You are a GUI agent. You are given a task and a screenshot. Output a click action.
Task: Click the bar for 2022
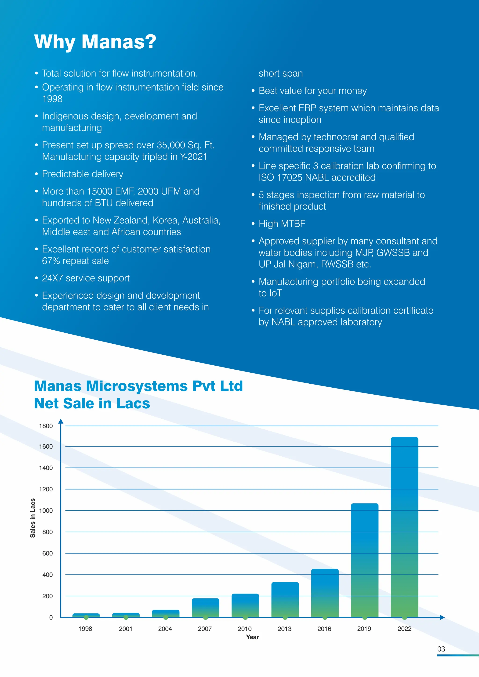click(x=404, y=528)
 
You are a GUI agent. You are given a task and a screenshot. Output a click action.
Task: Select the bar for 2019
click(x=365, y=560)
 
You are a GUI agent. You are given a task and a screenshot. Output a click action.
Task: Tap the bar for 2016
click(x=325, y=593)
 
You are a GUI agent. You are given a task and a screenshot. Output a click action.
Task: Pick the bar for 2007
click(x=205, y=608)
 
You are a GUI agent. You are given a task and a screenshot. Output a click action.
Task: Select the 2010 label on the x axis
click(x=244, y=629)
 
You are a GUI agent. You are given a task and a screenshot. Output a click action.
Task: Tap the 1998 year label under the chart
click(x=85, y=629)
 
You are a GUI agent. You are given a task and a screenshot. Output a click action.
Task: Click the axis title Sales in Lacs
click(x=33, y=518)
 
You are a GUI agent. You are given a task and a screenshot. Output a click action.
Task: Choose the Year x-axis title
click(x=252, y=637)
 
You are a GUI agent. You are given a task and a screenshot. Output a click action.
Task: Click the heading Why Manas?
click(x=95, y=42)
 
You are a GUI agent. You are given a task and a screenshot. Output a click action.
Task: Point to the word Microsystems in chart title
click(x=137, y=386)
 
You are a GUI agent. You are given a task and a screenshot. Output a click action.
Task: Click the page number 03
click(x=441, y=649)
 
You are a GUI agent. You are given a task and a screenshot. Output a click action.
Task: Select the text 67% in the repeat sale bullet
click(x=51, y=261)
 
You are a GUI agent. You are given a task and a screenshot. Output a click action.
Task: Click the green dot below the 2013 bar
click(x=285, y=617)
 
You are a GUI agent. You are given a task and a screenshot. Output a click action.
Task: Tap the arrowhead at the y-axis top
click(x=61, y=421)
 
